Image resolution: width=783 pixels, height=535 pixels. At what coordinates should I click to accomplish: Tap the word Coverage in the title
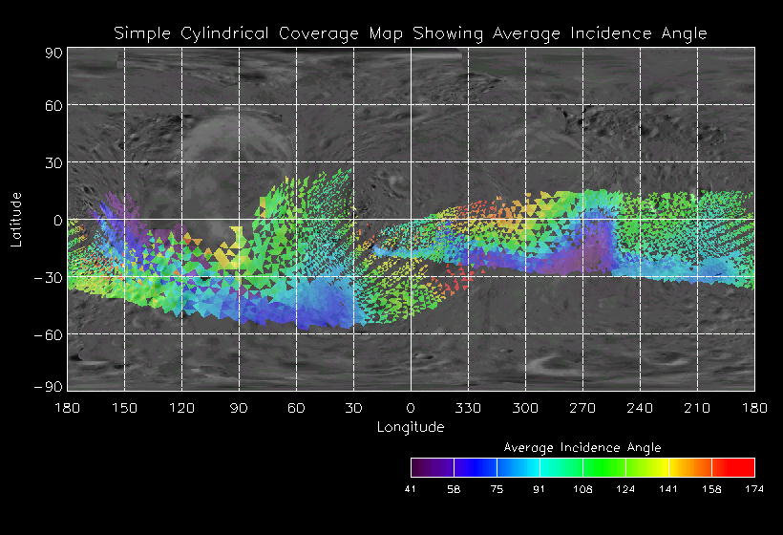pos(314,33)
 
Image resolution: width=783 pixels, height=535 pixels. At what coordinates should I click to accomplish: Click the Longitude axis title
pos(411,427)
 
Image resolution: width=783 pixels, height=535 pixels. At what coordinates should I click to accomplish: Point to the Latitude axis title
pos(16,219)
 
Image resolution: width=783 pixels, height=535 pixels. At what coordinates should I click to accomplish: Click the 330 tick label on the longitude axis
pos(468,408)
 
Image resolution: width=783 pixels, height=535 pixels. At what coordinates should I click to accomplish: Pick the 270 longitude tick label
pos(582,408)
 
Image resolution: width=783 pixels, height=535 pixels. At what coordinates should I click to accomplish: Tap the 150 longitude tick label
pos(124,408)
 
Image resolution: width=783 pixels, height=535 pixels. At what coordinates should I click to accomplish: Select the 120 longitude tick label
pos(181,408)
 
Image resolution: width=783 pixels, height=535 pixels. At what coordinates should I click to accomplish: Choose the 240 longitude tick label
pos(640,408)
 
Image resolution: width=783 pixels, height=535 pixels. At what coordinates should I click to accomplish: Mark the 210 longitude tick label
pos(697,408)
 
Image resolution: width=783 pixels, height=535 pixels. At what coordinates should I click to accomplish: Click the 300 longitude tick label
pos(525,408)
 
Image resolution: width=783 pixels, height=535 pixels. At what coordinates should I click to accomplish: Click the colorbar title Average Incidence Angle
pos(582,447)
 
